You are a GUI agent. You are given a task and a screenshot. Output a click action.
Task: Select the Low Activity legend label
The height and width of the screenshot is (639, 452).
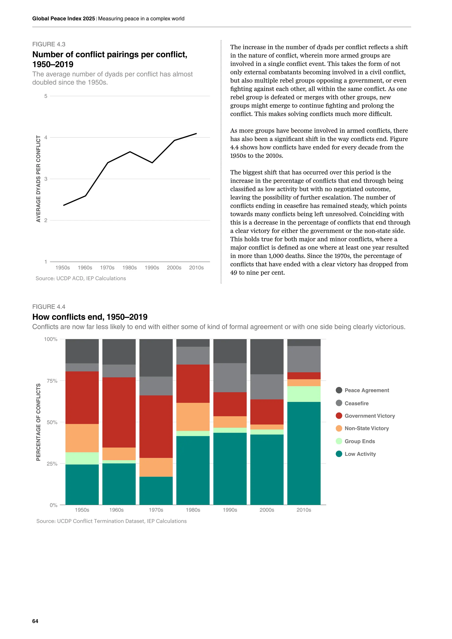(x=360, y=454)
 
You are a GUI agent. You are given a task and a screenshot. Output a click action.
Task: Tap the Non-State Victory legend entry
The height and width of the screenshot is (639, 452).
(x=366, y=428)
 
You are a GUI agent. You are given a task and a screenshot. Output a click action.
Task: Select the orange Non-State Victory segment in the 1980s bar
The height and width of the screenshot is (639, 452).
(x=193, y=417)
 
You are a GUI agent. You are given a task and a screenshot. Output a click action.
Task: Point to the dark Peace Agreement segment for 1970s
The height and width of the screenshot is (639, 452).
(x=156, y=358)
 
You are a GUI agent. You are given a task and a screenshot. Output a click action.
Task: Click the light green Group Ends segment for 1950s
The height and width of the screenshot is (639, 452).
(x=82, y=458)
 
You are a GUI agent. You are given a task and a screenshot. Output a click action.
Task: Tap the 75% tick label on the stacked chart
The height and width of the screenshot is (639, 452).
(x=52, y=381)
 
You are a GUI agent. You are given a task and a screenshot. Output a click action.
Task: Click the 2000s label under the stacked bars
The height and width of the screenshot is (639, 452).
(x=267, y=510)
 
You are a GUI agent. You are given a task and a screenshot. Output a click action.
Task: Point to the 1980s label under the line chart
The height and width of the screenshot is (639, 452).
(x=129, y=267)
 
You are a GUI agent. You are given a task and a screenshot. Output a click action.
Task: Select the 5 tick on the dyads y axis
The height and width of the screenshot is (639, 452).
(x=46, y=96)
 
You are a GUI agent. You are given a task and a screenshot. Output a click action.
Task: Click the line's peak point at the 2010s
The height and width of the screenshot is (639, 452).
(x=196, y=133)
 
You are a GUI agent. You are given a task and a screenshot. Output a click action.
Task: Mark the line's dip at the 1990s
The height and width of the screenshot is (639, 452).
(x=152, y=163)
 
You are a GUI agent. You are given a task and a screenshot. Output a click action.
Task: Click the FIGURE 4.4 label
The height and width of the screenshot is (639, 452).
(x=49, y=306)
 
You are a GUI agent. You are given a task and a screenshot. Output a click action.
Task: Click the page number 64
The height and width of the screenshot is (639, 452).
(x=35, y=621)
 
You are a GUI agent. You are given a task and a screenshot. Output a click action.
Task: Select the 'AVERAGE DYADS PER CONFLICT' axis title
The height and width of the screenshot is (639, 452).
(x=38, y=179)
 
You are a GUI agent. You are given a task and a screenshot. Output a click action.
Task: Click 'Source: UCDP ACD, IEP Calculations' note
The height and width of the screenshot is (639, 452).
(x=81, y=278)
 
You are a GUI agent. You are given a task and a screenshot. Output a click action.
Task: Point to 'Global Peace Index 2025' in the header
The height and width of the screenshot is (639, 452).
(x=64, y=19)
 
